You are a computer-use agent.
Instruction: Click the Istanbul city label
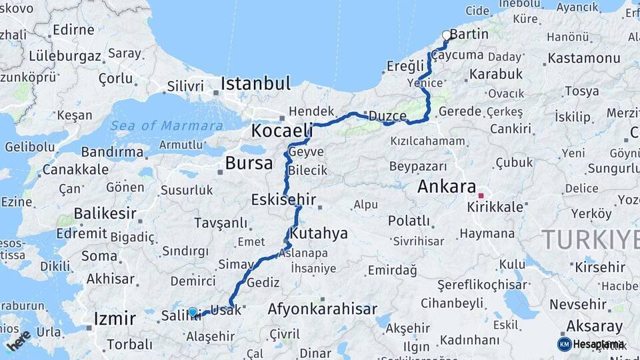pyautogui.click(x=256, y=84)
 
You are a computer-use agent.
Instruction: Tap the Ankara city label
pyautogui.click(x=447, y=187)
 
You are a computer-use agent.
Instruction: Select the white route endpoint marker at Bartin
pyautogui.click(x=447, y=35)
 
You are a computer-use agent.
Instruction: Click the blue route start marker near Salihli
pyautogui.click(x=193, y=312)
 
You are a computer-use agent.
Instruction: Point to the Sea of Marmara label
pyautogui.click(x=167, y=125)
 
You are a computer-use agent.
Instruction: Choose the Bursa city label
pyautogui.click(x=249, y=163)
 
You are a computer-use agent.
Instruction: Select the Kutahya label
pyautogui.click(x=319, y=233)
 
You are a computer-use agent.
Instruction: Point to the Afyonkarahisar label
pyautogui.click(x=322, y=309)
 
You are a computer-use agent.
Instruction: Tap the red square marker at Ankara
pyautogui.click(x=481, y=196)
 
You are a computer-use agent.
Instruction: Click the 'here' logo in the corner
pyautogui.click(x=18, y=341)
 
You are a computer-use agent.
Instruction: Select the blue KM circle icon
pyautogui.click(x=564, y=344)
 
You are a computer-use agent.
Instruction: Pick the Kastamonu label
pyautogui.click(x=583, y=58)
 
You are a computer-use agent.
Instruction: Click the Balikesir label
pyautogui.click(x=105, y=214)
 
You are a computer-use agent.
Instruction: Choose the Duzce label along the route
pyautogui.click(x=387, y=115)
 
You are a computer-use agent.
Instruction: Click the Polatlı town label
pyautogui.click(x=409, y=220)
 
